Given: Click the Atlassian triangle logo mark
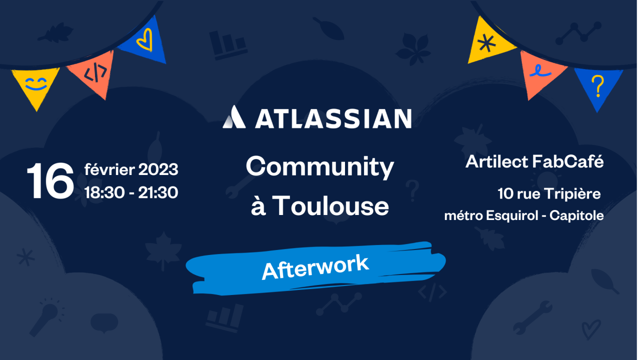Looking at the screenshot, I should [x=234, y=117].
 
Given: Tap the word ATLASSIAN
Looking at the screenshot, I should [x=333, y=118].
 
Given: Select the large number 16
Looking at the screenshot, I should [x=49, y=180].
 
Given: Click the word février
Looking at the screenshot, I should [x=109, y=170].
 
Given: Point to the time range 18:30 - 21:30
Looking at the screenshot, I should [x=131, y=192].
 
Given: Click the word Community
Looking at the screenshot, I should [x=319, y=167].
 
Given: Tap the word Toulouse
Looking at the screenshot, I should [x=331, y=205].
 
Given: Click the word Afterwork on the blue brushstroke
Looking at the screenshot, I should [x=315, y=266].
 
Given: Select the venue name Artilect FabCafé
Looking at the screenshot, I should [x=534, y=162].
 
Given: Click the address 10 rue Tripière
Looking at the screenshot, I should [x=548, y=193].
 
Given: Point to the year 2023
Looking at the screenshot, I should [x=158, y=170].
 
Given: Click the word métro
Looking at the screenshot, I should [x=462, y=215].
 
